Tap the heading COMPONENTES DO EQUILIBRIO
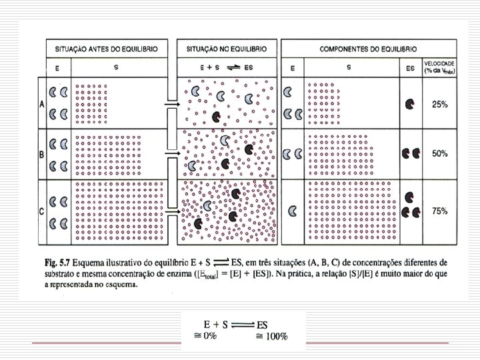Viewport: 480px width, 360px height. tap(369, 49)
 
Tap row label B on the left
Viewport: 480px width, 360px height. tap(41, 154)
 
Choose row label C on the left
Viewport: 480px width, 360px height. tap(41, 211)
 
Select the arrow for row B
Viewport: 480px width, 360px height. tap(170, 154)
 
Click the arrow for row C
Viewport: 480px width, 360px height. tap(170, 213)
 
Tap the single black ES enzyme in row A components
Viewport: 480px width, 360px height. tap(409, 104)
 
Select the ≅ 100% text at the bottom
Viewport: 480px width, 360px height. tap(272, 337)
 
